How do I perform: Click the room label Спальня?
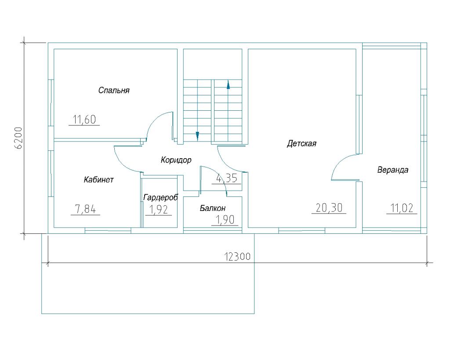point(114,91)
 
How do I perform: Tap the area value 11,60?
point(84,120)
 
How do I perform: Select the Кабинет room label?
point(99,180)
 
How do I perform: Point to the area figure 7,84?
point(85,209)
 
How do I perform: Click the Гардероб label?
point(161,197)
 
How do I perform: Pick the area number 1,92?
point(158,210)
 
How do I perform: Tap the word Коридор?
point(176,160)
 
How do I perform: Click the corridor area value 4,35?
point(227,178)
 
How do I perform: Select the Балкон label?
point(213,208)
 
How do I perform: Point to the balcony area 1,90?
point(225,220)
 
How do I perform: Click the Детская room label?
point(301,143)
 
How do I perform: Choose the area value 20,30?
point(329,207)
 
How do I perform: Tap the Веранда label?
point(392,170)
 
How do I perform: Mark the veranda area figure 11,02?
point(402,208)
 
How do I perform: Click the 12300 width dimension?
point(237,256)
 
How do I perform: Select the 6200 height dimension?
point(19,138)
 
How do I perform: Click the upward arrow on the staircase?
point(229,84)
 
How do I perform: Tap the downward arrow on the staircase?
point(197,136)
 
